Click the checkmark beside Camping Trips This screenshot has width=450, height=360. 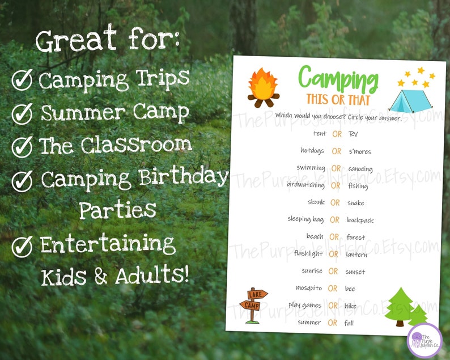click(x=22, y=81)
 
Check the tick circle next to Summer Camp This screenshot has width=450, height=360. click(x=22, y=113)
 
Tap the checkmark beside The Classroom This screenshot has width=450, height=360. click(x=22, y=147)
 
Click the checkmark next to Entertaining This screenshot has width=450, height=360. click(x=22, y=247)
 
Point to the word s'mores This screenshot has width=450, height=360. click(x=360, y=151)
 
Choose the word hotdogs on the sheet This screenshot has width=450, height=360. click(x=312, y=151)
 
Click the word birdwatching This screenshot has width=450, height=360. click(x=305, y=185)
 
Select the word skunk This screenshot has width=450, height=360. click(x=316, y=202)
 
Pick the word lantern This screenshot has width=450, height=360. click(x=356, y=255)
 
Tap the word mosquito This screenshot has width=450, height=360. click(x=309, y=288)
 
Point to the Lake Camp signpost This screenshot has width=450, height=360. click(x=253, y=304)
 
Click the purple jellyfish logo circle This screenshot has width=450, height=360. click(x=424, y=340)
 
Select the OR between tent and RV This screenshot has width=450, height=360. click(x=337, y=134)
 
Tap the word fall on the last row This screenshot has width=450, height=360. click(x=349, y=323)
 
